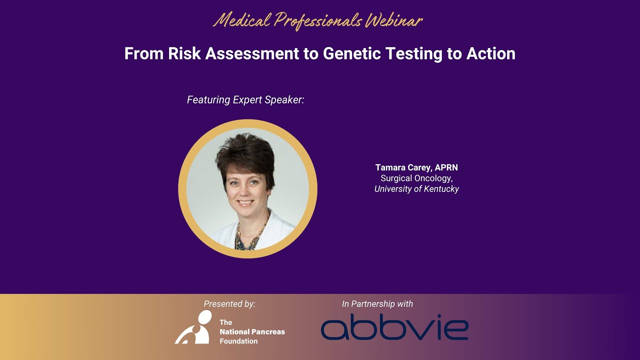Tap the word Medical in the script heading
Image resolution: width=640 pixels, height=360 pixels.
(x=242, y=20)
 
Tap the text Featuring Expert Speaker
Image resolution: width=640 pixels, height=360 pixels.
(x=245, y=100)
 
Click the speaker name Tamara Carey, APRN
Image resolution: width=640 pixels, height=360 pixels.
(x=416, y=167)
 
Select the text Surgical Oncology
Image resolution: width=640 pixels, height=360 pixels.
(x=416, y=178)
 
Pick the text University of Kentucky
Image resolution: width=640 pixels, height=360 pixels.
(x=416, y=189)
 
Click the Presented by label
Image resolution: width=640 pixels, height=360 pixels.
(x=229, y=303)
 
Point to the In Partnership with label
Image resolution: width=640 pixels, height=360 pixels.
(x=377, y=303)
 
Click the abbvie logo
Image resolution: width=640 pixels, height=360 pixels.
(x=394, y=328)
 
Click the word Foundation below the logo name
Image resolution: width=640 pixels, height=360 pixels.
(x=238, y=341)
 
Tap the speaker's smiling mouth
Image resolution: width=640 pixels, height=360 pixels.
(x=245, y=203)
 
